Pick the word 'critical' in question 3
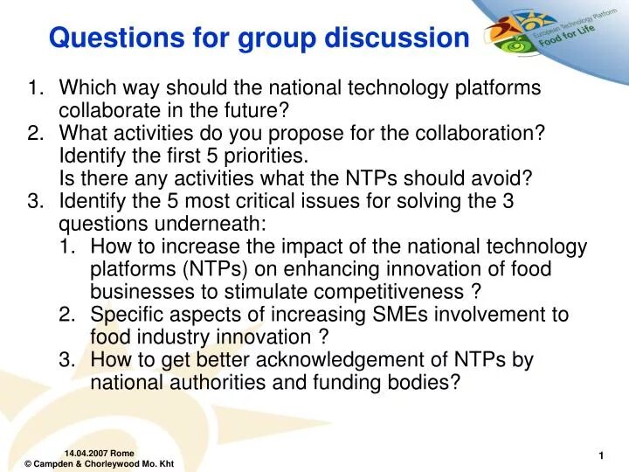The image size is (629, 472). click(268, 202)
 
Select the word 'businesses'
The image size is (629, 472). click(137, 293)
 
